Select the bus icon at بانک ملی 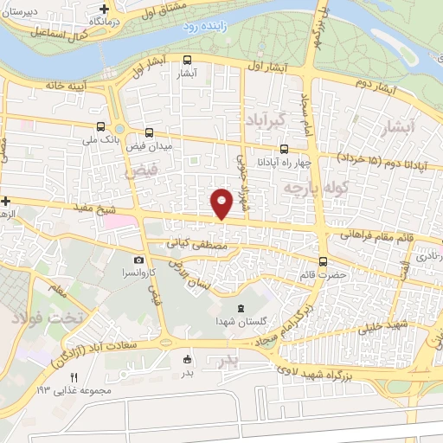pyautogui.click(x=102, y=126)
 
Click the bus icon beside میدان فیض pyautogui.click(x=150, y=133)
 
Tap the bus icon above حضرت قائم pyautogui.click(x=323, y=260)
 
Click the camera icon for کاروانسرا pyautogui.click(x=138, y=260)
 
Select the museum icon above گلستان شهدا pyautogui.click(x=241, y=308)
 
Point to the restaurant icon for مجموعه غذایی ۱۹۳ pyautogui.click(x=74, y=377)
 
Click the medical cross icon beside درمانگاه pyautogui.click(x=104, y=9)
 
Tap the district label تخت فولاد pyautogui.click(x=46, y=318)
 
